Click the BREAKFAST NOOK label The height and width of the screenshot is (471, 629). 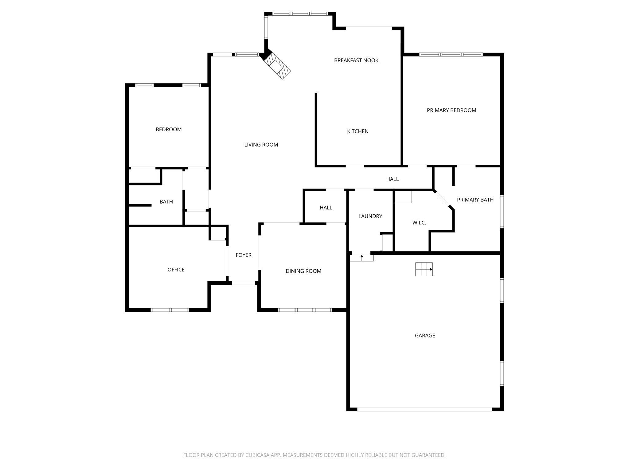click(356, 60)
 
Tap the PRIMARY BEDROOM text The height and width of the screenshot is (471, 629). click(451, 110)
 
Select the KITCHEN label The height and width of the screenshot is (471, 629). click(357, 131)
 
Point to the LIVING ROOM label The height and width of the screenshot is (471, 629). click(261, 145)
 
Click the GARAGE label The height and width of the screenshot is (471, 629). click(425, 335)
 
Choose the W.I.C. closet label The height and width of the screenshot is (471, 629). click(419, 223)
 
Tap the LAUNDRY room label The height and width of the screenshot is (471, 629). click(370, 216)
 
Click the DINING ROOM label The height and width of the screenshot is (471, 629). click(303, 271)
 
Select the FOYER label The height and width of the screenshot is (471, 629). click(244, 255)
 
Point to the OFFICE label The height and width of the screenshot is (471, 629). click(176, 270)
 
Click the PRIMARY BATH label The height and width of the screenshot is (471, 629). click(475, 200)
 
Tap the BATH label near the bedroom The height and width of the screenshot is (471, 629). click(166, 202)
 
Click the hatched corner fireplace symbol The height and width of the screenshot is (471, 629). click(277, 66)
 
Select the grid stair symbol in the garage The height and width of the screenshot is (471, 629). click(424, 269)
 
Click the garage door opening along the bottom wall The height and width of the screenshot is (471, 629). click(424, 409)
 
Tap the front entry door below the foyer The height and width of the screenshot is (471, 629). click(243, 283)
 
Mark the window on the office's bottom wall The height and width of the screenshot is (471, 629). click(170, 310)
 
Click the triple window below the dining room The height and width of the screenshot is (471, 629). click(305, 310)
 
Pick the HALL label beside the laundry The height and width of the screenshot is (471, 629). click(326, 208)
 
